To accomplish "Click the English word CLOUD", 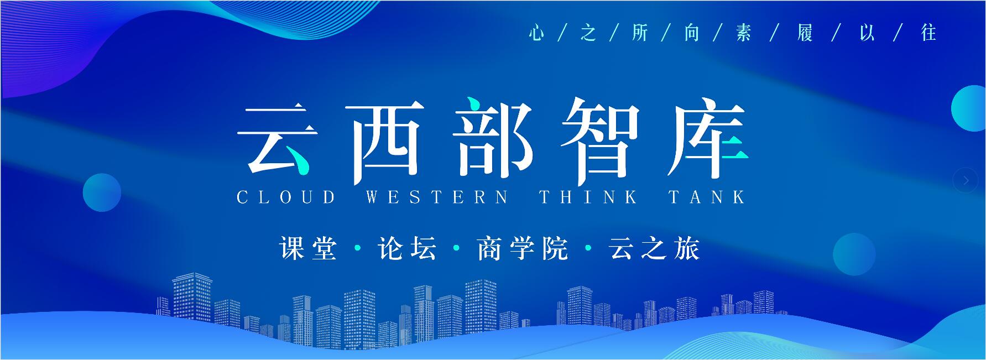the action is coord(286,197).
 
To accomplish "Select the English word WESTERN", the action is coord(436,197).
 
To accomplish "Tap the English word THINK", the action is coord(588,197).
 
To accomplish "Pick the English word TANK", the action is coord(707,197).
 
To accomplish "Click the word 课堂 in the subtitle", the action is coord(308,248).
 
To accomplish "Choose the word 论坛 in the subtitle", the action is coord(407,248).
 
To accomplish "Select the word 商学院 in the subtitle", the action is coord(523,248).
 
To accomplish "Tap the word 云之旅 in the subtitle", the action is coord(654,248).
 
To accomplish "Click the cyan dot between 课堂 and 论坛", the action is coord(358,248).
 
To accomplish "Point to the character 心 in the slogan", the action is coord(536,33).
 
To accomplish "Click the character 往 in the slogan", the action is coord(928,33).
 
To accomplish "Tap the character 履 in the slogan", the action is coord(805,33).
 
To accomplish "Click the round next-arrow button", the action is coord(966,180).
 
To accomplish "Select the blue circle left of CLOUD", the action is coord(102,192).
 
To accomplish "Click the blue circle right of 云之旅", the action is coord(854,254).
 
